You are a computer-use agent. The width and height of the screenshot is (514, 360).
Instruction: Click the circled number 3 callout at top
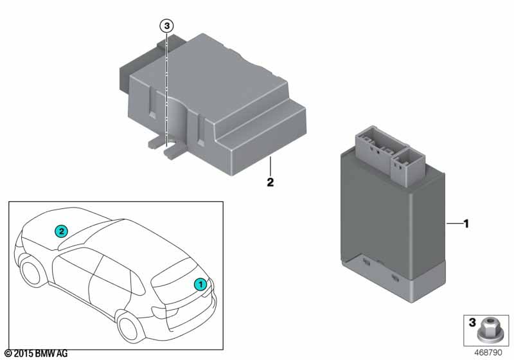(166, 26)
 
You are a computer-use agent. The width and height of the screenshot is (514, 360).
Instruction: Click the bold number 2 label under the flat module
(270, 183)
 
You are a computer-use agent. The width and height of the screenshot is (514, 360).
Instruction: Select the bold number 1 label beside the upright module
(466, 224)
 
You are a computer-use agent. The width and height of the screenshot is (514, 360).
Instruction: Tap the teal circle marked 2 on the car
(61, 231)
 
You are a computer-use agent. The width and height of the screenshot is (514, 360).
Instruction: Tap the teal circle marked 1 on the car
(200, 284)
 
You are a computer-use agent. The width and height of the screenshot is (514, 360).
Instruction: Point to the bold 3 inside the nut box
(472, 322)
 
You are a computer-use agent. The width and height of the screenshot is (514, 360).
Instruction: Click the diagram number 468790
(488, 352)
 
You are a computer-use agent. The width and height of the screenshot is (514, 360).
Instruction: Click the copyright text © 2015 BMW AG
(36, 354)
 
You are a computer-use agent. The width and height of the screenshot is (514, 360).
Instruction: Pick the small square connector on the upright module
(407, 167)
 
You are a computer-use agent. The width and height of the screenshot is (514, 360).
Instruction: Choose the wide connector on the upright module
(380, 146)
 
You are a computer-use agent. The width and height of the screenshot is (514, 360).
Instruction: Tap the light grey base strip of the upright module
(393, 280)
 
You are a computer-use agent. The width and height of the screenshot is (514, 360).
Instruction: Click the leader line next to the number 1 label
(454, 224)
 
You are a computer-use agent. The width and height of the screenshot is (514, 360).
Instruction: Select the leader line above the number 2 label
(270, 166)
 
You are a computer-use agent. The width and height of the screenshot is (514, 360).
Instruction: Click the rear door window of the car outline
(137, 283)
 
